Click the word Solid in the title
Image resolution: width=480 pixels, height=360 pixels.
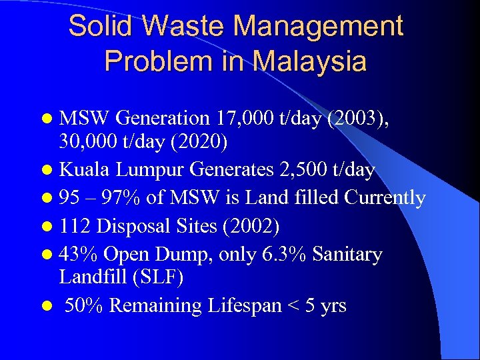tap(101, 27)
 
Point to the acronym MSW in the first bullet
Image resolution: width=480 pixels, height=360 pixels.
tap(85, 119)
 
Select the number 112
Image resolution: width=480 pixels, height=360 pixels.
tap(75, 226)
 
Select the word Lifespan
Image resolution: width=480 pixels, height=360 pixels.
tap(236, 306)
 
